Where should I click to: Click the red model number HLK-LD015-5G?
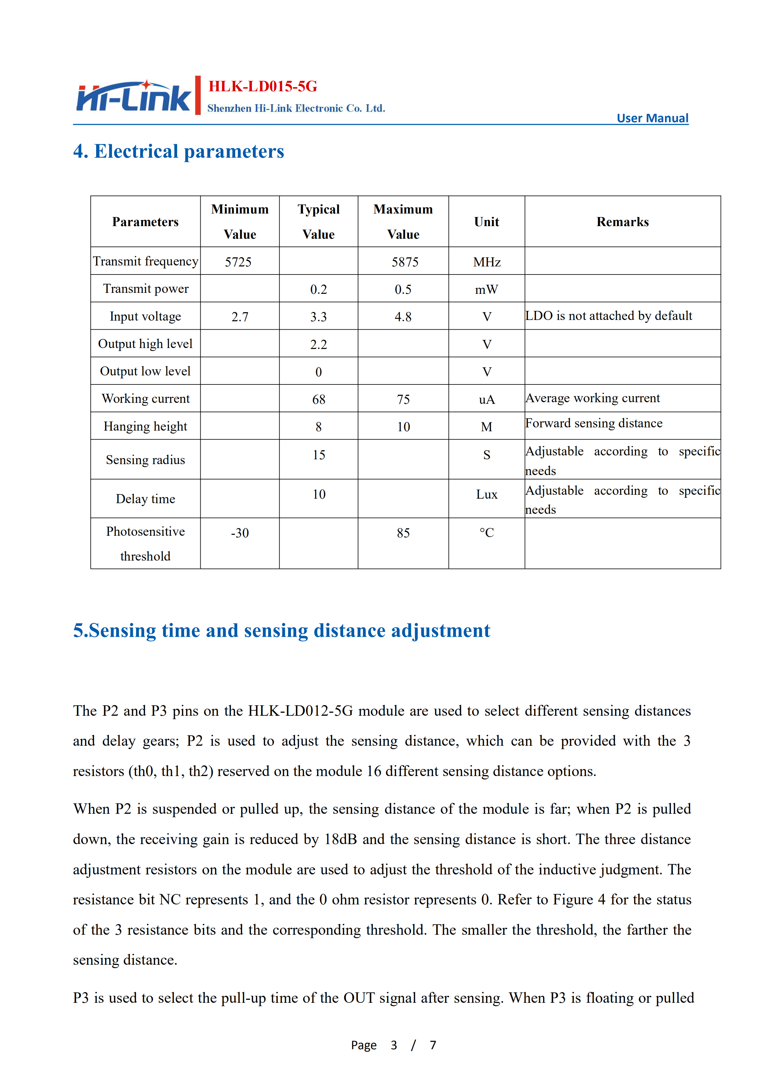point(263,86)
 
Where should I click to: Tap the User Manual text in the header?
point(652,118)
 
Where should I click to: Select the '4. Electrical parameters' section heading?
point(178,151)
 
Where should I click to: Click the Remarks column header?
point(622,222)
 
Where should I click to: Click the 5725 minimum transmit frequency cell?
point(238,262)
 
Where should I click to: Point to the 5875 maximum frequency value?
point(405,262)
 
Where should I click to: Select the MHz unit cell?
point(487,262)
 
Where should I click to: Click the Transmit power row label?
point(146,289)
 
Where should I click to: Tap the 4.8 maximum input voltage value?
point(403,316)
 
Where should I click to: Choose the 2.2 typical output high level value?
point(318,344)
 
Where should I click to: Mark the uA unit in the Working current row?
point(487,400)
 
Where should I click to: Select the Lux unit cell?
point(487,494)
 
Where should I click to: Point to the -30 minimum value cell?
point(240,533)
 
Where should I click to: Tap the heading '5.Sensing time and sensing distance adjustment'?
point(281,631)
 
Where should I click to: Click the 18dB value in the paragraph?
point(340,839)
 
